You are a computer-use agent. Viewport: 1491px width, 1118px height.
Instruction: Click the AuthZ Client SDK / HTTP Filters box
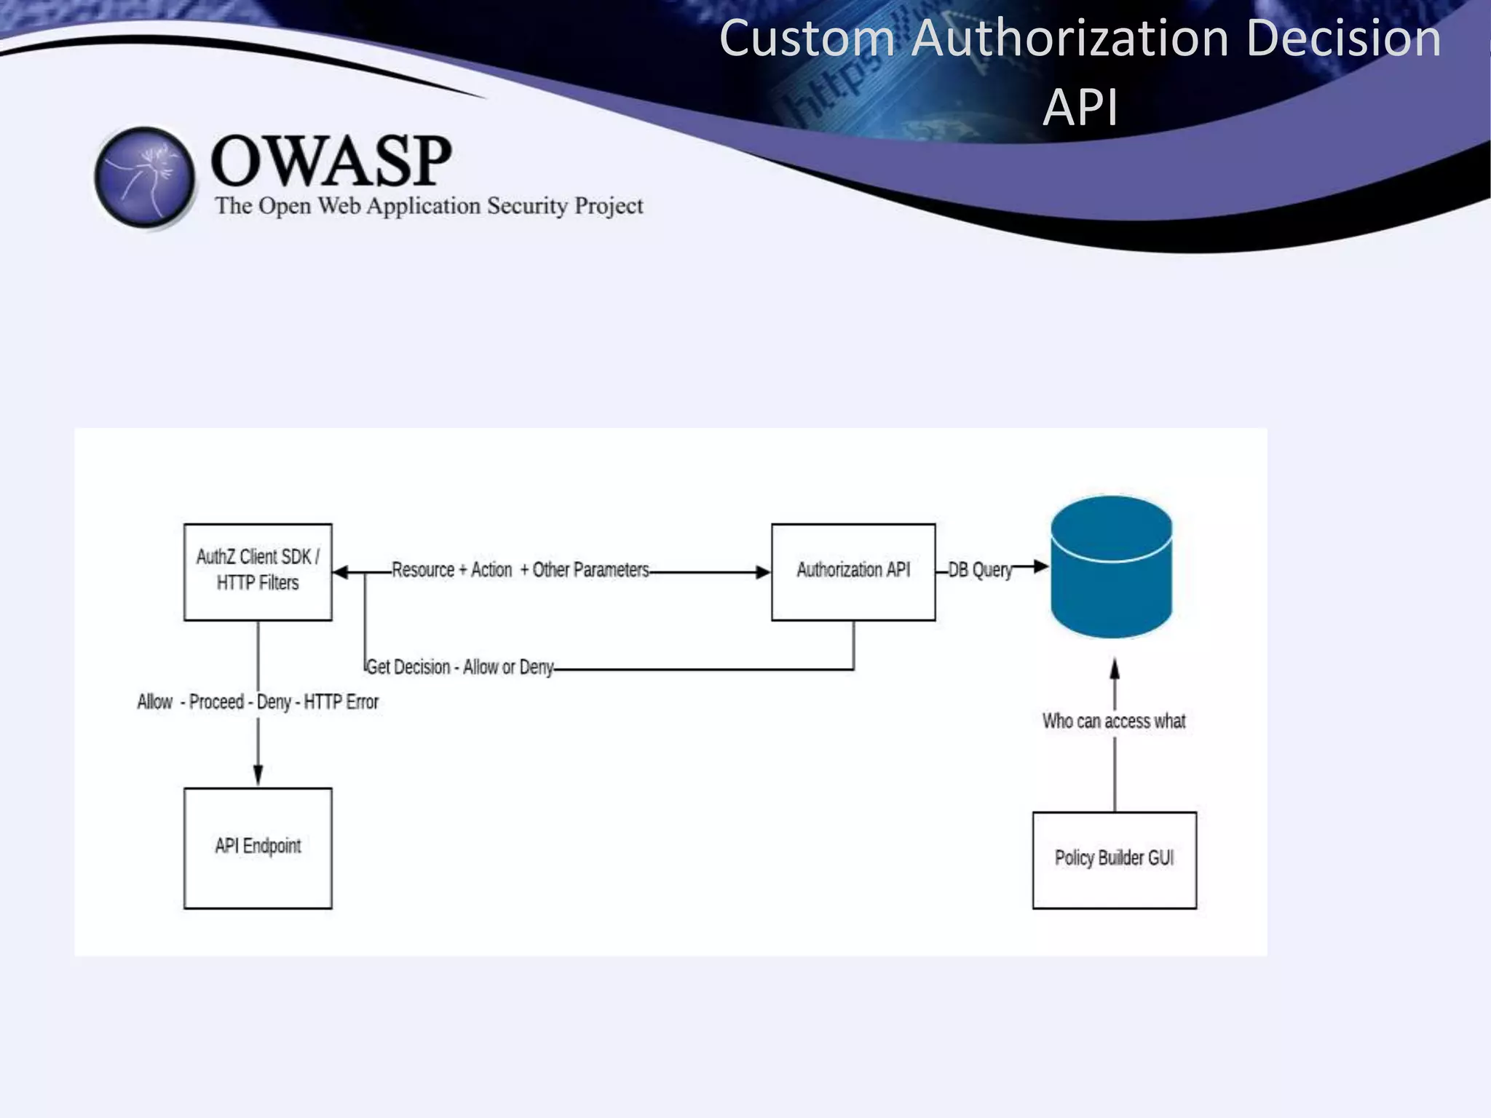click(258, 571)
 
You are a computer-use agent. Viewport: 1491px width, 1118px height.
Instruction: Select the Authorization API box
click(853, 571)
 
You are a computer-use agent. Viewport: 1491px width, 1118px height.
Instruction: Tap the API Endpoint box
click(258, 847)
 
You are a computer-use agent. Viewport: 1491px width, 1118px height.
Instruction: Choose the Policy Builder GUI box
click(1114, 860)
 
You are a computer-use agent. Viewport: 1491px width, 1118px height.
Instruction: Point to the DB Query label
click(980, 570)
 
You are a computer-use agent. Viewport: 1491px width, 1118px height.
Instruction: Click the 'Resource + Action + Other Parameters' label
click(520, 570)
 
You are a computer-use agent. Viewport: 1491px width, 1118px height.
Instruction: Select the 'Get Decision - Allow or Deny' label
click(459, 667)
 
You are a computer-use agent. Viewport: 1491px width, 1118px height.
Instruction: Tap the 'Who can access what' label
click(1113, 721)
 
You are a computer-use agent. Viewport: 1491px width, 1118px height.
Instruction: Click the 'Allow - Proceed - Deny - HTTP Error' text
click(258, 702)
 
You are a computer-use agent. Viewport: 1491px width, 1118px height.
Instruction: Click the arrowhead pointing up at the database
click(1115, 668)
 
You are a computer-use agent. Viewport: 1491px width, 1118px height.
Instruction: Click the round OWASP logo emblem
click(145, 177)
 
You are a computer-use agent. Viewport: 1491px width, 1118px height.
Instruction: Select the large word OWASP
click(331, 161)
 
